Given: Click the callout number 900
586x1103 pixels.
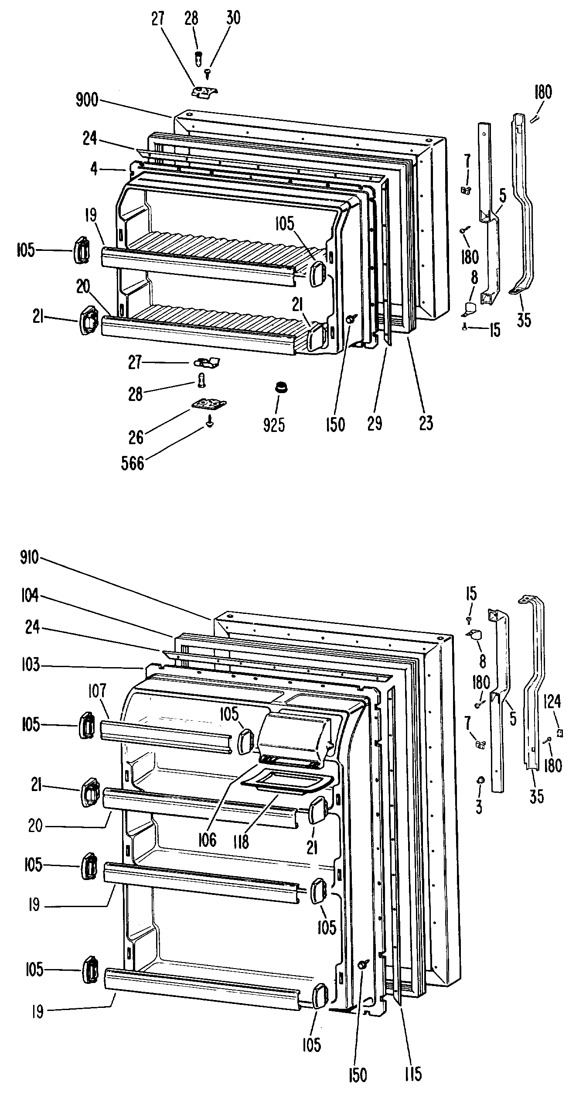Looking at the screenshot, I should (x=88, y=101).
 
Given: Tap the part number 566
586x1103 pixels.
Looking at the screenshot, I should (x=133, y=463).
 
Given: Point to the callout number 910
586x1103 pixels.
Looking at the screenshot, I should (x=29, y=557).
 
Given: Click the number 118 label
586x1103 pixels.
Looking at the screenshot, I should (x=241, y=841).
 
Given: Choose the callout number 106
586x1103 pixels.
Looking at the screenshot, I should (x=207, y=839).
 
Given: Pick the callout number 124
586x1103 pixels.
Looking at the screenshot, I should (x=552, y=702).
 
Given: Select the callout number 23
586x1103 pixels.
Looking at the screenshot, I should (x=426, y=423).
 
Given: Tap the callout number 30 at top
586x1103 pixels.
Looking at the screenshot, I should (x=233, y=19).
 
